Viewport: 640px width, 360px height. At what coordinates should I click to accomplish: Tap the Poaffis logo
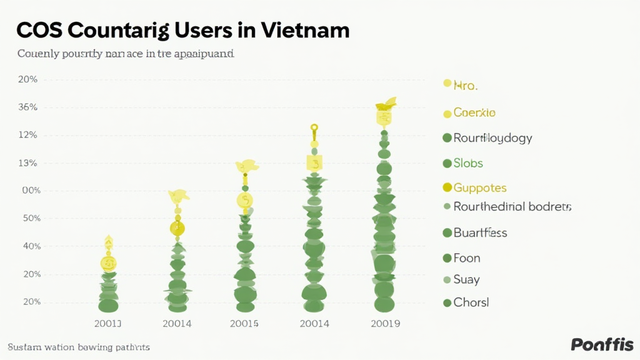(x=602, y=344)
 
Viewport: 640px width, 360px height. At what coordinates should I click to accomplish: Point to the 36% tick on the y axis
(x=29, y=107)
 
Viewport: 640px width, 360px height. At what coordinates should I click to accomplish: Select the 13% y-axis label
(x=29, y=163)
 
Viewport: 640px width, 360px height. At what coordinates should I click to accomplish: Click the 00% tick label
(x=29, y=191)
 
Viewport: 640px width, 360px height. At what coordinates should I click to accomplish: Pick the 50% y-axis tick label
(x=29, y=219)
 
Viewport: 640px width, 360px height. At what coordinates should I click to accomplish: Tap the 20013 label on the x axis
(x=107, y=324)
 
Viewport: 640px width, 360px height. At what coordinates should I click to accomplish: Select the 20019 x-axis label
(x=385, y=324)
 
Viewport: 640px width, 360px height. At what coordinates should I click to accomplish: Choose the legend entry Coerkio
(x=474, y=113)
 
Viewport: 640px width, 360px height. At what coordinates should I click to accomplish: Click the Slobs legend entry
(x=467, y=163)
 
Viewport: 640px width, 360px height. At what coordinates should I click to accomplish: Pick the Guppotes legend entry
(x=479, y=187)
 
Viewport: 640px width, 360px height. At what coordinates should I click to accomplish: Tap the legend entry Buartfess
(x=479, y=233)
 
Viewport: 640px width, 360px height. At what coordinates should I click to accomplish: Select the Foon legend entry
(x=466, y=258)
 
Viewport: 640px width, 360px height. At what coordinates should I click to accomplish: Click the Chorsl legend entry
(x=471, y=302)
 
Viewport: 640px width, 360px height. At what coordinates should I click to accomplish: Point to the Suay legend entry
(x=466, y=280)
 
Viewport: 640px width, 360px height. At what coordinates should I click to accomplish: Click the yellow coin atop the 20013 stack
(x=108, y=263)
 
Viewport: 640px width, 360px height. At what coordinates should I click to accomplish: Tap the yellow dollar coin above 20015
(x=245, y=201)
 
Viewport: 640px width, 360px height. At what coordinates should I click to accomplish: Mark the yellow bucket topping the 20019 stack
(x=384, y=116)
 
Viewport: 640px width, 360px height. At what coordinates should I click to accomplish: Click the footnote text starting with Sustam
(x=79, y=346)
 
